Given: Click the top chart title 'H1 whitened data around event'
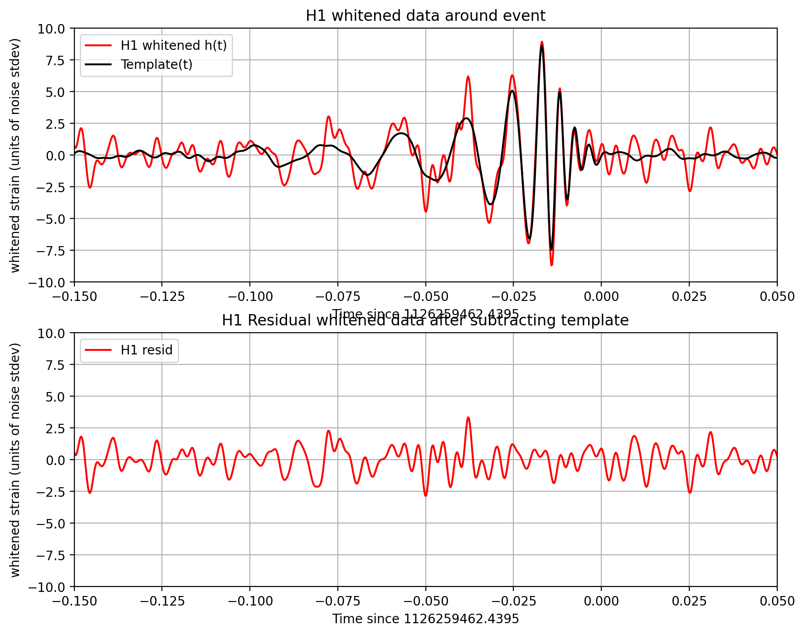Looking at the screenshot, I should coord(425,16).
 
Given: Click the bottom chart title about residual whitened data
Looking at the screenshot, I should coord(425,321).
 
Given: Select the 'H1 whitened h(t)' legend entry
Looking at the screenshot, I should coord(173,45).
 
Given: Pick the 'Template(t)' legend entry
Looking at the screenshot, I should coord(156,64).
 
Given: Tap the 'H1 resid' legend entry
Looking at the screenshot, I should coord(146,350).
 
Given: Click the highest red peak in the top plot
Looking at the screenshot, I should coord(541,42).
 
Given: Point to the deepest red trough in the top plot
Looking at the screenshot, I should coord(551,265).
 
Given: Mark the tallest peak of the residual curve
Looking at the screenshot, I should coord(468,417).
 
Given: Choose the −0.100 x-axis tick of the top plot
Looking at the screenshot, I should coord(249,297).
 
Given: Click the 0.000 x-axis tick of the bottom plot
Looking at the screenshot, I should coord(601,601).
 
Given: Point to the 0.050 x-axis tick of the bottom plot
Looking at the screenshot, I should coord(777,601).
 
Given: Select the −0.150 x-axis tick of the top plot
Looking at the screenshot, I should coord(74,297).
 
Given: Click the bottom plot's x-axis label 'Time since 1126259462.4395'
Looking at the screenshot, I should coord(425,619).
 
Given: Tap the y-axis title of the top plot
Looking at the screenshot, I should coord(15,155).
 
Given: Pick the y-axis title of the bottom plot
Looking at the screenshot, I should coord(15,460).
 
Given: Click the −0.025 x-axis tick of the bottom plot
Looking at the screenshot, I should coord(513,601).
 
